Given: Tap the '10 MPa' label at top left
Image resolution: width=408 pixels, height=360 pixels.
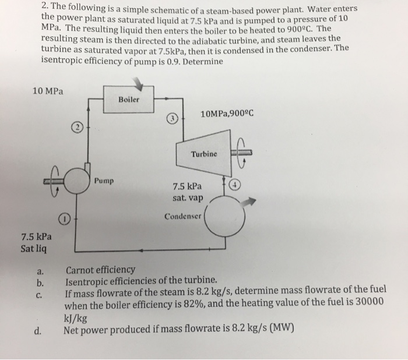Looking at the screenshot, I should click(x=49, y=91).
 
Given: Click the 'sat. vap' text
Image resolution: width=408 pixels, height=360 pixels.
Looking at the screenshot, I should click(x=187, y=198).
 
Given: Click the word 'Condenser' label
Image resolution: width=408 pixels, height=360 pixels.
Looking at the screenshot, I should click(x=182, y=217).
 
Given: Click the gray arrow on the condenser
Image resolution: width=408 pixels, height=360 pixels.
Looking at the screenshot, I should click(x=248, y=200).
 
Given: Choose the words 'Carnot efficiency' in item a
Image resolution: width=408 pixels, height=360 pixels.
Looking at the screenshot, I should click(x=100, y=270).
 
